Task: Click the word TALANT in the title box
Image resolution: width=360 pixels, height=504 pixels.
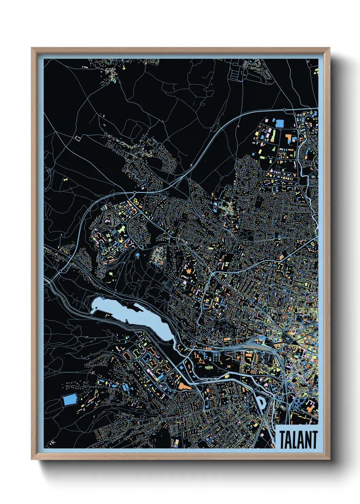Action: (298, 439)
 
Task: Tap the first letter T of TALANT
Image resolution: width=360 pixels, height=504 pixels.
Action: (283, 439)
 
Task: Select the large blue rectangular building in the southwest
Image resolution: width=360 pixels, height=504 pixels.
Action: (70, 400)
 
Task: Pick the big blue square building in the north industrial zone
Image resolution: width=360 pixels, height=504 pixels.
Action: (279, 123)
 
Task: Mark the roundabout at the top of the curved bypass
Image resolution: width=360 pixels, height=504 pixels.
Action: (284, 110)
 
